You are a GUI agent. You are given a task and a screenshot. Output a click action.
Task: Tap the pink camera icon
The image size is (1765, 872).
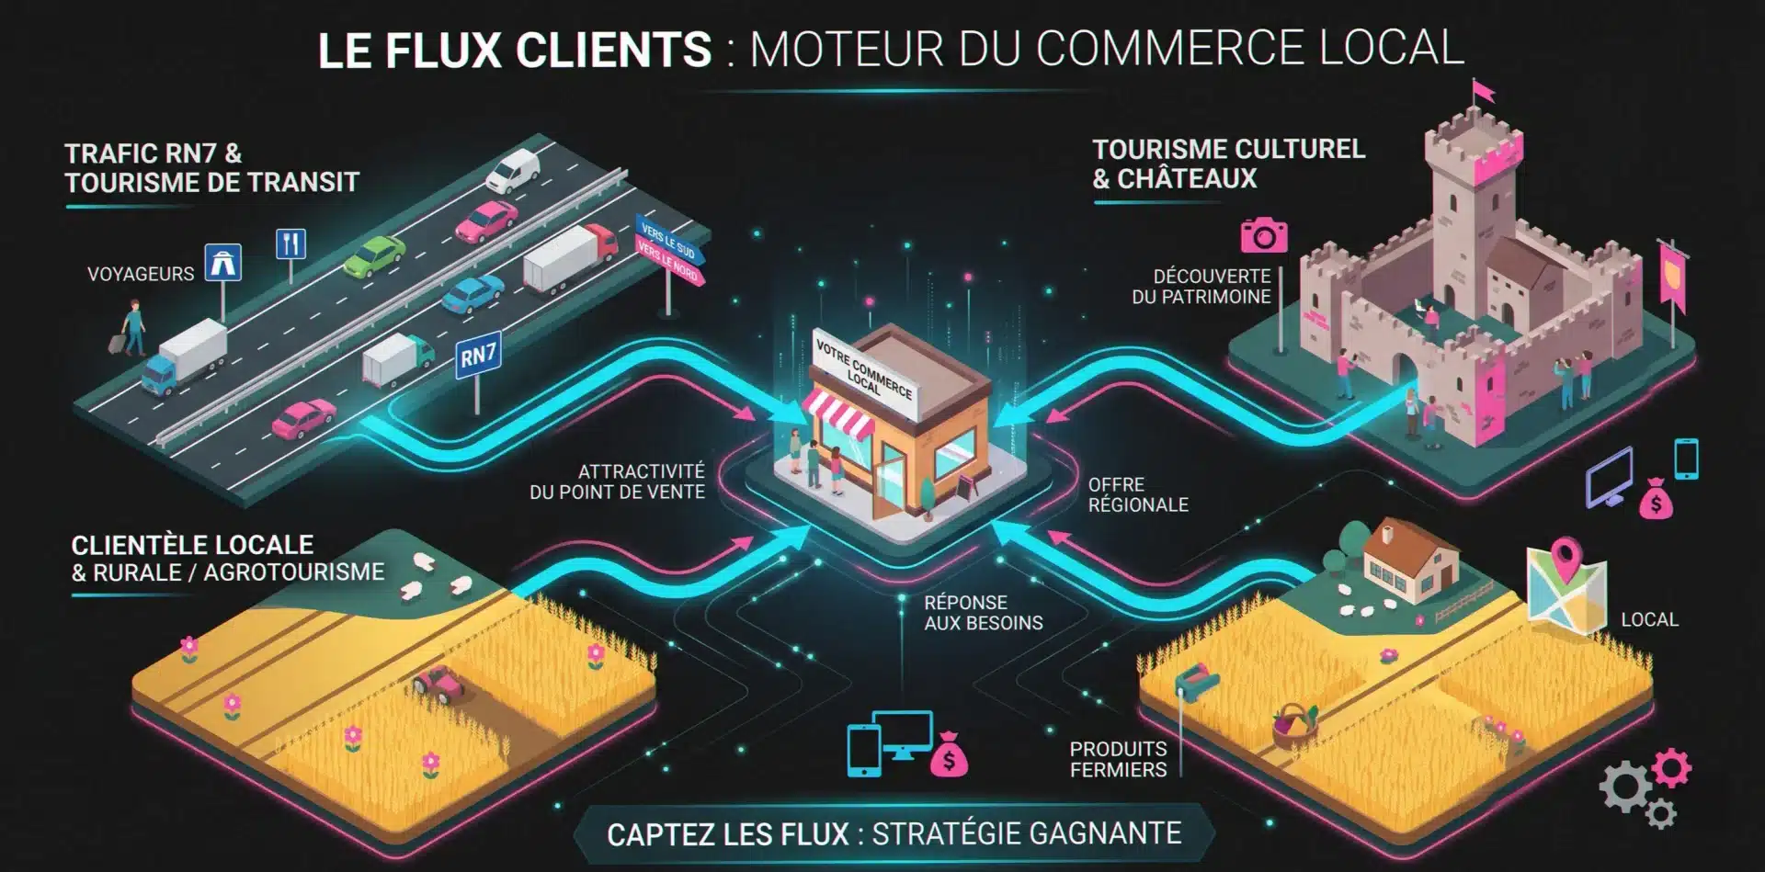[x=1264, y=235]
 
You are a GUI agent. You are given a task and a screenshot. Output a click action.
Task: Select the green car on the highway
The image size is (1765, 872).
[x=374, y=255]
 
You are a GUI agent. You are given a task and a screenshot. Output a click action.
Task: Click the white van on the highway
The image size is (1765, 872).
[x=512, y=170]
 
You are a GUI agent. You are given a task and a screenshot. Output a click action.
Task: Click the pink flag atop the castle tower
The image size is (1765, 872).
[x=1483, y=90]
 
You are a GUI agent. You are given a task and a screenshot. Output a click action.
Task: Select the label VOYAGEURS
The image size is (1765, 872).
[x=141, y=274]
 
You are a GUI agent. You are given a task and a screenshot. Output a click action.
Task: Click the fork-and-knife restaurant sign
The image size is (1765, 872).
[x=290, y=243]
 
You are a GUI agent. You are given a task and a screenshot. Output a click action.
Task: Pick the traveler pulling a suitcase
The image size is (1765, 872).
[x=130, y=328]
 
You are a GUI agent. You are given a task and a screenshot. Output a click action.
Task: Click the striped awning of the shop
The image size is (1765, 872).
[x=838, y=414]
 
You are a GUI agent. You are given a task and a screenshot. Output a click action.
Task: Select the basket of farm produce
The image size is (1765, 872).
[x=1295, y=724]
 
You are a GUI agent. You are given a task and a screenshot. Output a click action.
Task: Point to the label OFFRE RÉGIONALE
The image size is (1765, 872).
[x=1138, y=494]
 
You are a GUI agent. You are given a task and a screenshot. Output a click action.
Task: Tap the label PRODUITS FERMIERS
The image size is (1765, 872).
[x=1118, y=759]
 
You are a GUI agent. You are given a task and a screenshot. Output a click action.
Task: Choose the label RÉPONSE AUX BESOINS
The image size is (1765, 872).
[x=984, y=613]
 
